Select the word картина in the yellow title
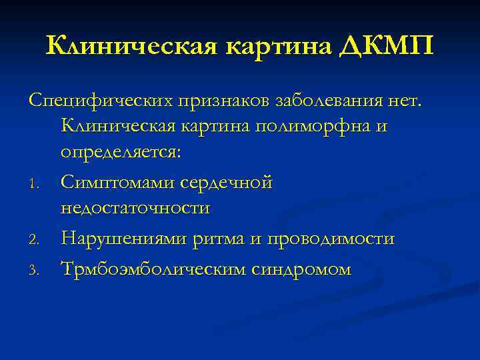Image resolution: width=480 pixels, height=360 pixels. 281,47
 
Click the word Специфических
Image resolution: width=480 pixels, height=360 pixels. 99,101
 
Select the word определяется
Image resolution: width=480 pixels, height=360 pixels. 121,152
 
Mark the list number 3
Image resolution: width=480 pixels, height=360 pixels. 37,270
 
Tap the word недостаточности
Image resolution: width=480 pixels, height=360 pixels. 135,208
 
